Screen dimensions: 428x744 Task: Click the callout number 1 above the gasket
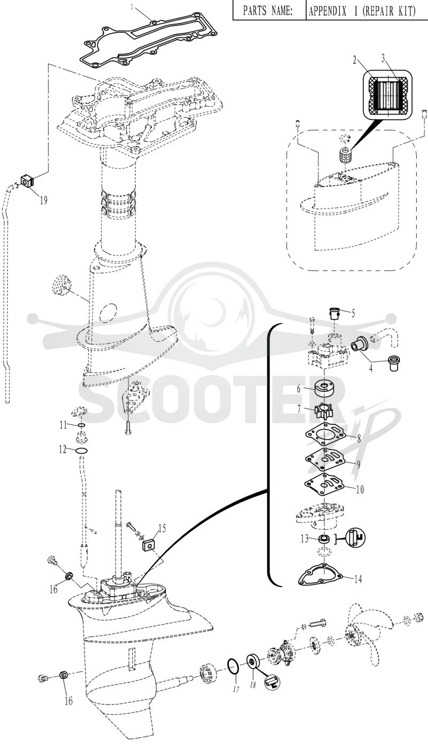pyautogui.click(x=133, y=6)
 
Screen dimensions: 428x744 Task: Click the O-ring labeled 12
pyautogui.click(x=82, y=451)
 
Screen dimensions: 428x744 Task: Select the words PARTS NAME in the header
pyautogui.click(x=268, y=11)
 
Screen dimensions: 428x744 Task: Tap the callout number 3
pyautogui.click(x=383, y=59)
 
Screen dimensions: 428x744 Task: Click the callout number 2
pyautogui.click(x=355, y=60)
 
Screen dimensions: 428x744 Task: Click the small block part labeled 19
pyautogui.click(x=28, y=181)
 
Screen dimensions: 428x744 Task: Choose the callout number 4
pyautogui.click(x=371, y=368)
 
